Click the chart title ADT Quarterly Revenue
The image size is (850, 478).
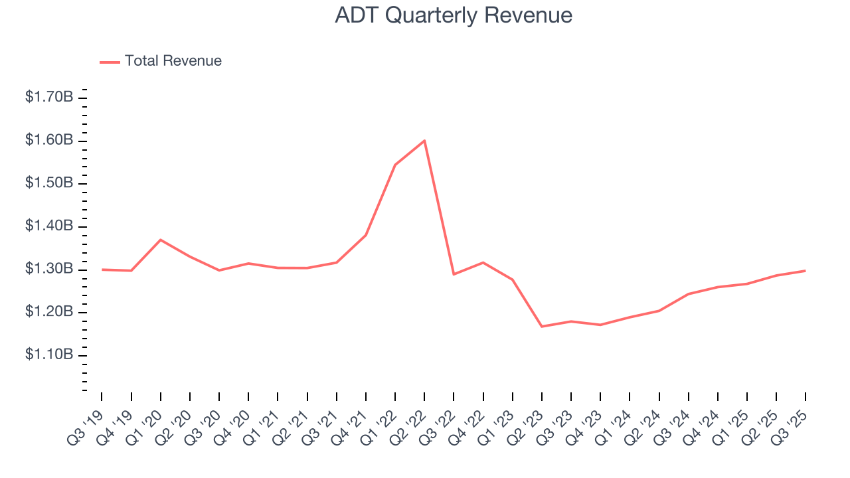pyautogui.click(x=454, y=15)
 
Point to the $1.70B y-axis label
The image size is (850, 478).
pyautogui.click(x=49, y=98)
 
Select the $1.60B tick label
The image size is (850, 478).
pyautogui.click(x=49, y=141)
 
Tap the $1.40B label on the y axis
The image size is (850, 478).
pyautogui.click(x=49, y=226)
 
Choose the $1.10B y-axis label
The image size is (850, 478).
pyautogui.click(x=49, y=355)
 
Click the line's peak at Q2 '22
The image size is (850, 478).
pyautogui.click(x=424, y=141)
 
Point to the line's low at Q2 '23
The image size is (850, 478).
pyautogui.click(x=542, y=327)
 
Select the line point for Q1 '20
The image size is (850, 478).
pyautogui.click(x=161, y=240)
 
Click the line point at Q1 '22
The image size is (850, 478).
pyautogui.click(x=395, y=165)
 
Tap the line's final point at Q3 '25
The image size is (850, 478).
pyautogui.click(x=806, y=271)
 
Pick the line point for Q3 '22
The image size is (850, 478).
pyautogui.click(x=454, y=274)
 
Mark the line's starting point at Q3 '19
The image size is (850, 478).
pyautogui.click(x=102, y=270)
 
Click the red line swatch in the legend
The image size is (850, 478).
pyautogui.click(x=110, y=62)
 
